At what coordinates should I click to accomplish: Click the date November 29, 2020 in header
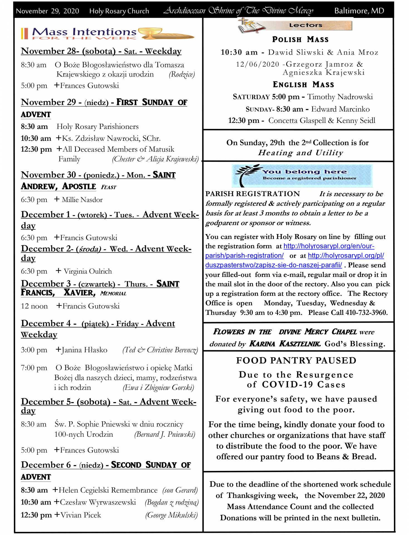pyautogui.click(x=47, y=11)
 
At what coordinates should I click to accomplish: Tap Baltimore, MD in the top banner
pyautogui.click(x=359, y=11)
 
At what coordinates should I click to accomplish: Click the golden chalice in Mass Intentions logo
pyautogui.click(x=150, y=33)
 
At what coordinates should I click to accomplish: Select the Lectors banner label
pyautogui.click(x=305, y=25)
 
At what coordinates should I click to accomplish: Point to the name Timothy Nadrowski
pyautogui.click(x=340, y=97)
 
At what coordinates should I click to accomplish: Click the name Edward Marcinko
pyautogui.click(x=340, y=109)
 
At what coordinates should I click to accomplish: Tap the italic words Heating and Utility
pyautogui.click(x=300, y=153)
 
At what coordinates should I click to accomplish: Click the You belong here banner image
pyautogui.click(x=302, y=176)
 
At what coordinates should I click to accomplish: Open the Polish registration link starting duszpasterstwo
pyautogui.click(x=274, y=265)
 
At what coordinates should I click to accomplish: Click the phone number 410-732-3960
pyautogui.click(x=366, y=313)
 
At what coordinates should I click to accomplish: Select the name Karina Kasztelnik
pyautogui.click(x=285, y=344)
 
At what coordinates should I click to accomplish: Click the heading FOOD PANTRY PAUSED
pyautogui.click(x=296, y=361)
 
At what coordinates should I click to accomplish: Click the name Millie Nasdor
pyautogui.click(x=82, y=200)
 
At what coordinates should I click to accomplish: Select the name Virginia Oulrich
pyautogui.click(x=88, y=271)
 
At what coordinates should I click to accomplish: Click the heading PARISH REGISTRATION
pyautogui.click(x=253, y=194)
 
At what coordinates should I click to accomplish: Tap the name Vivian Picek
pyautogui.click(x=81, y=515)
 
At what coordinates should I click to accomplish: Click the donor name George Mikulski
pyautogui.click(x=171, y=515)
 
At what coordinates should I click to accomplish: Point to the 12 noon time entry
pyautogui.click(x=34, y=306)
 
